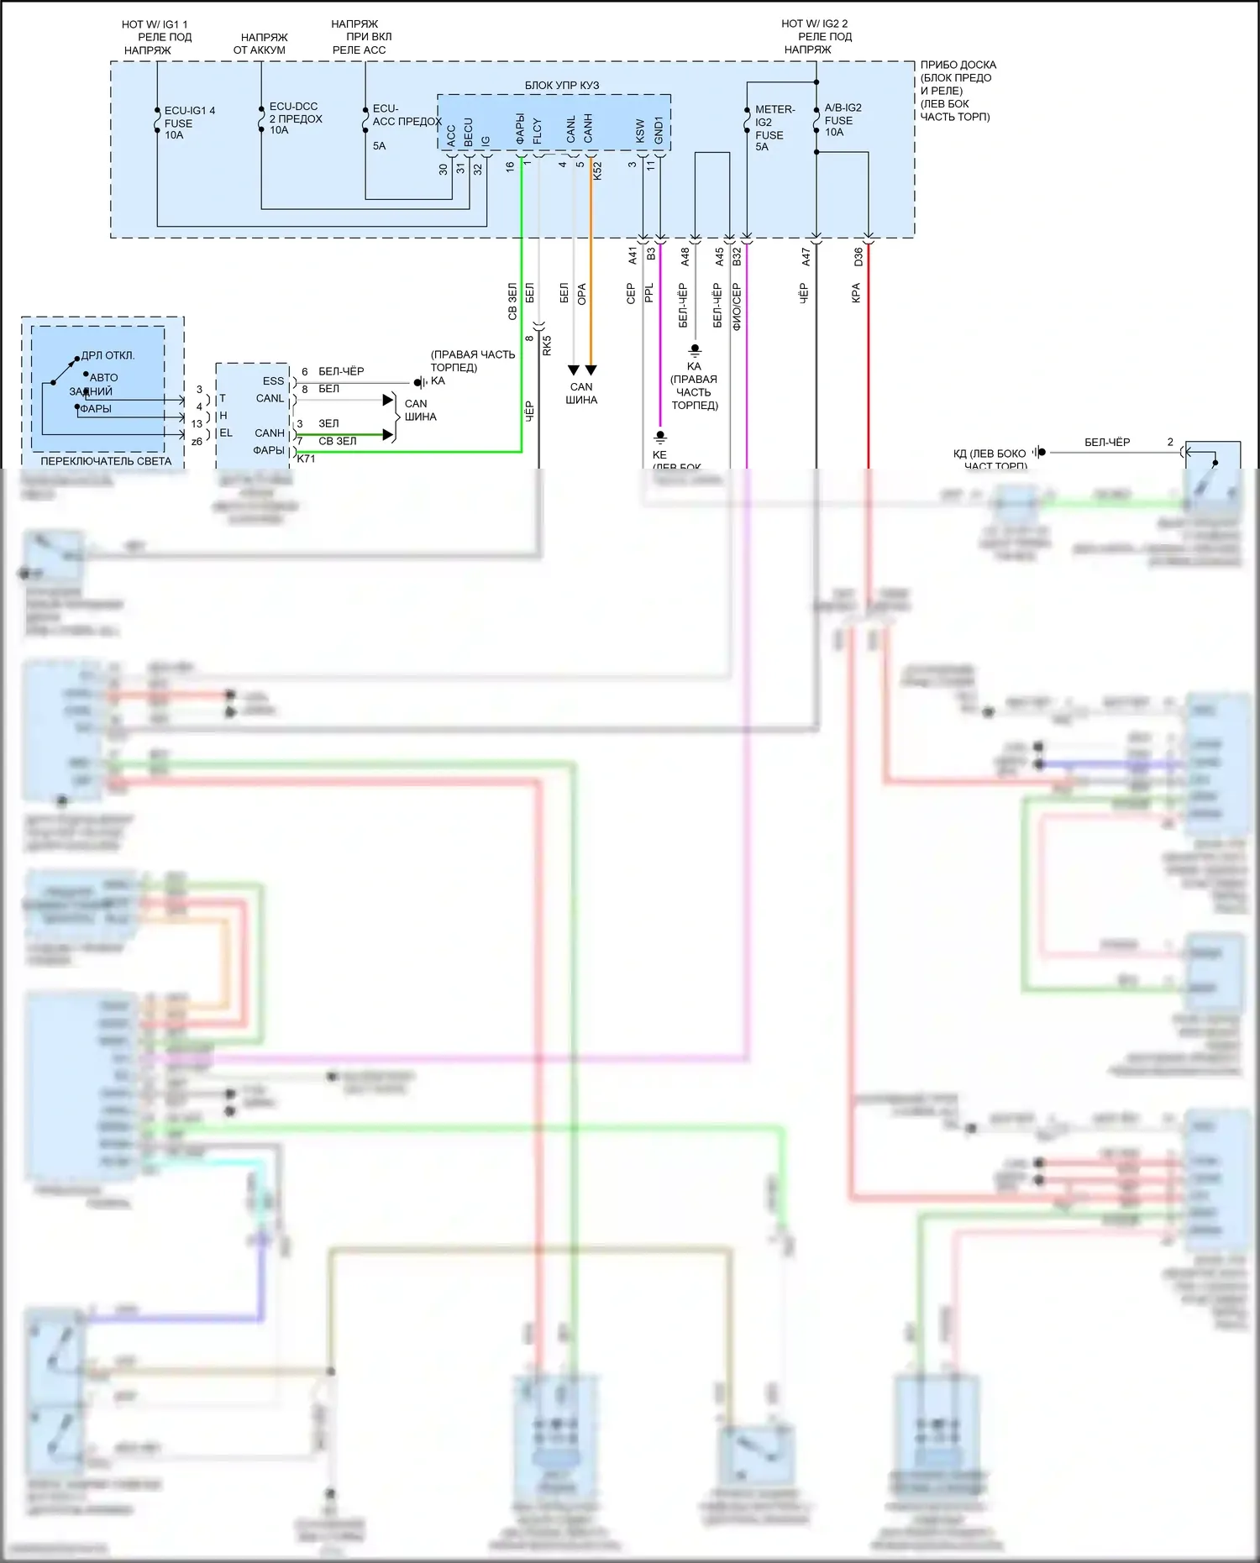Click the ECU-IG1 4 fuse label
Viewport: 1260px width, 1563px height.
(x=190, y=123)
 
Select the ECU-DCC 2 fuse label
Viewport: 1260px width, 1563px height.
(x=295, y=118)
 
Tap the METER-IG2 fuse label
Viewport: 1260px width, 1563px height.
(x=774, y=128)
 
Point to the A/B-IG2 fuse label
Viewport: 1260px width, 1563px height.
(x=843, y=119)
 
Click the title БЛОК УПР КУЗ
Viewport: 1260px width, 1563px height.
(x=562, y=85)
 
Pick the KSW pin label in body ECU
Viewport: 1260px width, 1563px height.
(x=641, y=130)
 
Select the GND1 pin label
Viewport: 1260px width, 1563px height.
(x=659, y=129)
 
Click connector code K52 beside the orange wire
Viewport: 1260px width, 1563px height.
(x=597, y=170)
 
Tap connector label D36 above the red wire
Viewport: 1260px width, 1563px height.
(x=858, y=257)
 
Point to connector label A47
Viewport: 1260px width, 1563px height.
(x=806, y=257)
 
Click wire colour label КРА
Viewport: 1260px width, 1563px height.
(x=856, y=292)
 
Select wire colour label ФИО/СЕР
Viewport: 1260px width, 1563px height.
(x=737, y=307)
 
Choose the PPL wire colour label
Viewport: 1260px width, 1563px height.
(x=648, y=293)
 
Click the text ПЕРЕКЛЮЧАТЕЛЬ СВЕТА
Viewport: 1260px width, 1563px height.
(x=106, y=461)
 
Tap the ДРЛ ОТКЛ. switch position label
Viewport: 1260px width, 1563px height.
(x=108, y=355)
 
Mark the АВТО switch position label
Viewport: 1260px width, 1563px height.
(x=104, y=378)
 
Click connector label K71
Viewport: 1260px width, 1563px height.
(x=306, y=459)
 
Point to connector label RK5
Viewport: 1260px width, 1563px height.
(x=547, y=345)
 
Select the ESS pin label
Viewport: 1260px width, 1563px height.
(x=273, y=380)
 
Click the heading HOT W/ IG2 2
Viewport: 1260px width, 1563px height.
(x=814, y=24)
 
